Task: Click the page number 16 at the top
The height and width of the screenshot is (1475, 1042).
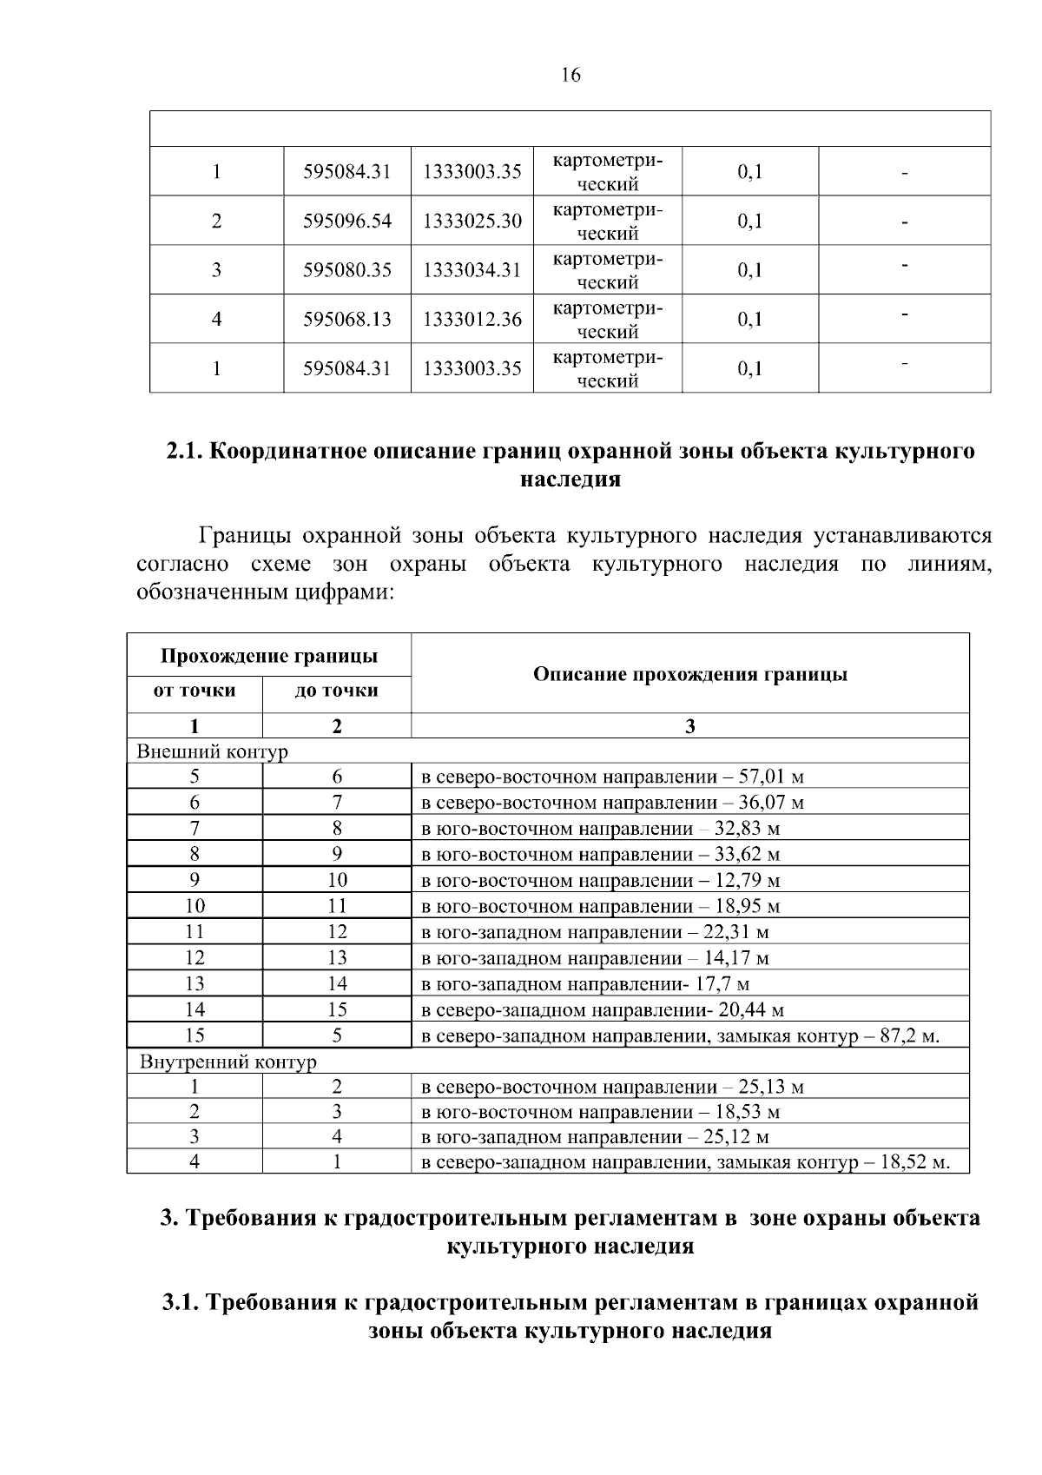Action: pyautogui.click(x=570, y=76)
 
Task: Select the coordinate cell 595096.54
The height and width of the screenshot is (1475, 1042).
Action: pyautogui.click(x=347, y=222)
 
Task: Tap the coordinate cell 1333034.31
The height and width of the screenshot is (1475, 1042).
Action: pyautogui.click(x=472, y=270)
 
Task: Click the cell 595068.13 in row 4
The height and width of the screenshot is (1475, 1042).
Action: pyautogui.click(x=347, y=320)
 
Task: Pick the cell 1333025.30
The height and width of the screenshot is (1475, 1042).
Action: pyautogui.click(x=472, y=222)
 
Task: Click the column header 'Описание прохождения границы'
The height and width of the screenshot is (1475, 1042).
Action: pyautogui.click(x=689, y=675)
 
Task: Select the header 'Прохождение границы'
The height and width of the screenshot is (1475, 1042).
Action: pyautogui.click(x=269, y=656)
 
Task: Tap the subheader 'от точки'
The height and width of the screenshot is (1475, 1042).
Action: pyautogui.click(x=195, y=691)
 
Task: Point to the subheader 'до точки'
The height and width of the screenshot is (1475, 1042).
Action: pyautogui.click(x=337, y=691)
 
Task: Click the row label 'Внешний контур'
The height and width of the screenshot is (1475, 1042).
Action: pyautogui.click(x=212, y=751)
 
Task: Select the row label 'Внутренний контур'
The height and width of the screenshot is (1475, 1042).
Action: pyautogui.click(x=228, y=1062)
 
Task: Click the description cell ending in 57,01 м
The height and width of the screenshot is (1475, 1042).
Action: pyautogui.click(x=612, y=777)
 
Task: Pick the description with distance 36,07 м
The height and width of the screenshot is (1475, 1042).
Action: pyautogui.click(x=612, y=803)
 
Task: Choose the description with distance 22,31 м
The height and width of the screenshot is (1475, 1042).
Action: pyautogui.click(x=595, y=933)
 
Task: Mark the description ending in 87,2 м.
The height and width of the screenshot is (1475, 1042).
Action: pyautogui.click(x=681, y=1035)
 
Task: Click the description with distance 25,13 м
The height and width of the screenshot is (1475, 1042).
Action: pyautogui.click(x=612, y=1087)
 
